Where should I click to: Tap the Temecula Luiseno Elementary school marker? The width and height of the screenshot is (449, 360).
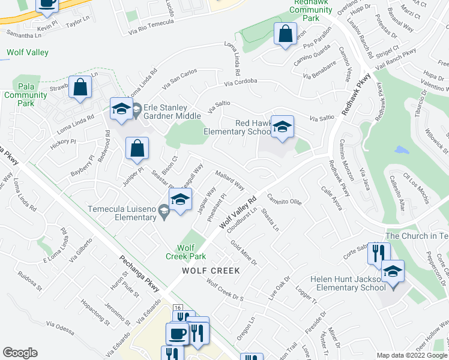click(179, 201)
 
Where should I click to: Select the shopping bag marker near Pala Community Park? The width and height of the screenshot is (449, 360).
click(80, 88)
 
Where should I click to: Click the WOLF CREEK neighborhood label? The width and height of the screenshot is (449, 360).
click(211, 271)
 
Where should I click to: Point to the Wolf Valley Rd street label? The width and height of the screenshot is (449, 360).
click(238, 212)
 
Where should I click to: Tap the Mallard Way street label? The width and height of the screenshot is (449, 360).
click(229, 181)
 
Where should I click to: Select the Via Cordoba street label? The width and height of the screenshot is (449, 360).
click(241, 81)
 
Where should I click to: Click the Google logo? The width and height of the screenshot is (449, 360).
click(20, 353)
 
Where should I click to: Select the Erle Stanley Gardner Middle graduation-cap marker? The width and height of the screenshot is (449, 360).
click(121, 110)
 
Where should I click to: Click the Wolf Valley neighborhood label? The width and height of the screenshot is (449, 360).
click(28, 52)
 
